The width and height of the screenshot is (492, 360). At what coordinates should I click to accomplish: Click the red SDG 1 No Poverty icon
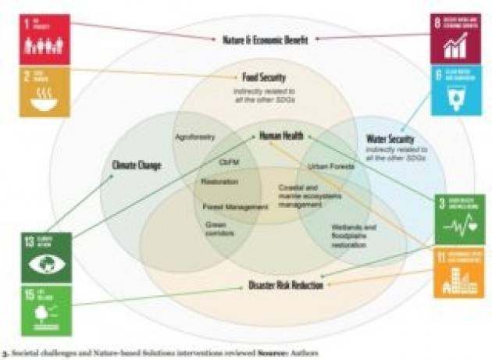pyautogui.click(x=45, y=38)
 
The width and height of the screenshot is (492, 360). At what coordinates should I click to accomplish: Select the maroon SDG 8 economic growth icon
pyautogui.click(x=454, y=37)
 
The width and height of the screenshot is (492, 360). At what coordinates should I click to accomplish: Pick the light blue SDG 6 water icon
pyautogui.click(x=454, y=91)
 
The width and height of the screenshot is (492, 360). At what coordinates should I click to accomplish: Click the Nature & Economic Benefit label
pyautogui.click(x=266, y=40)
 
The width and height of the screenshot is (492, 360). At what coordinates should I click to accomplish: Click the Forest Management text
pyautogui.click(x=229, y=207)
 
